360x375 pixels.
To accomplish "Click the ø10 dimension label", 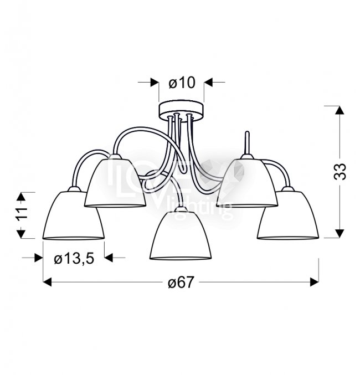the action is (182, 83).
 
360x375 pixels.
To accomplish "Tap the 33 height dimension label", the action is (340, 171).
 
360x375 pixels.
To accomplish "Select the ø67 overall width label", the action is (181, 282).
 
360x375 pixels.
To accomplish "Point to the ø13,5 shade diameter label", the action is (74, 259).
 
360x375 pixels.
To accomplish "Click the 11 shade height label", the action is (22, 213).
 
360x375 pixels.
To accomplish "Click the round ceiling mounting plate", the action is (182, 110).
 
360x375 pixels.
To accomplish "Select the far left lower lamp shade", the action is (73, 214).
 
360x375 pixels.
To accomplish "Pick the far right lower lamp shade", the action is (288, 214).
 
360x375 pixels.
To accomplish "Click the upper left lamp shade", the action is (115, 181).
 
